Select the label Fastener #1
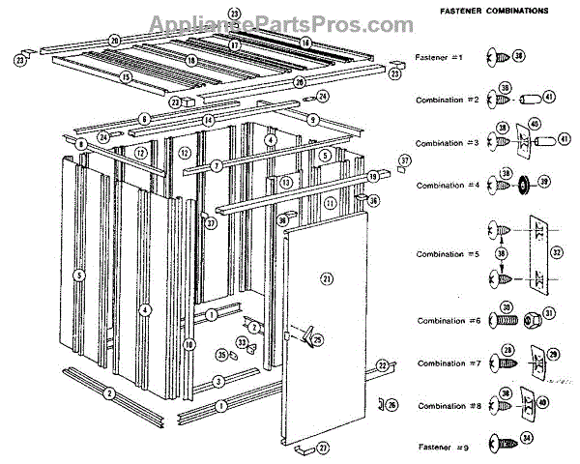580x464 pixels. pos(441,58)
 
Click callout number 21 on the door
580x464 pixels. pos(326,278)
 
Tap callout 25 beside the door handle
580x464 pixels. pos(319,339)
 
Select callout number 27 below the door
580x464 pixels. pos(323,448)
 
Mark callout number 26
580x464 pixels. pos(391,404)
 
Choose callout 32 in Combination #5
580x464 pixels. pos(556,254)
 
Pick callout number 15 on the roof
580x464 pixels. pos(126,76)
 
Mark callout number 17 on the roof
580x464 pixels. pos(234,45)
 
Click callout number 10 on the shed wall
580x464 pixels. pos(189,344)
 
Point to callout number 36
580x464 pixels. pos(374,200)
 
